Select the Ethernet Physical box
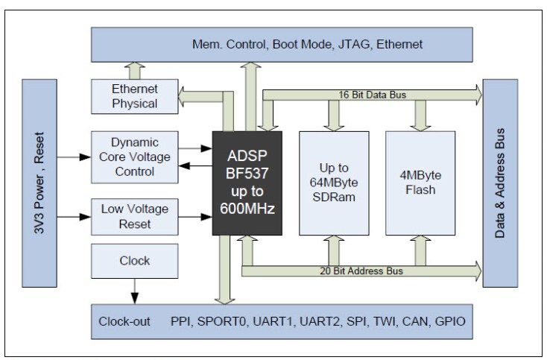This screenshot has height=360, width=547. click(x=134, y=96)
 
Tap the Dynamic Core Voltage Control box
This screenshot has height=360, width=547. click(x=134, y=157)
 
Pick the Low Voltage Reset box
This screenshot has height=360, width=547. click(x=134, y=216)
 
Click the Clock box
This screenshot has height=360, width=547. click(x=134, y=261)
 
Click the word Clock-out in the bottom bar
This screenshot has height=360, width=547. click(x=124, y=322)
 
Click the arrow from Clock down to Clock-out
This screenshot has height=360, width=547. click(x=134, y=291)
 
